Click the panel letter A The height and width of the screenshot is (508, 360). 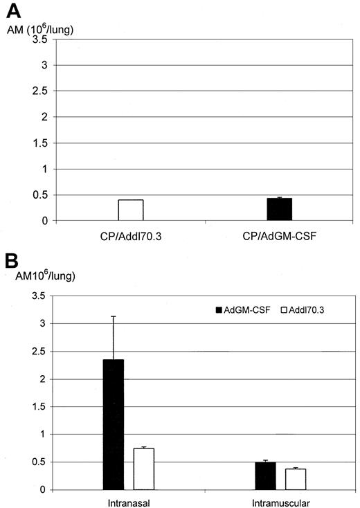coord(12,11)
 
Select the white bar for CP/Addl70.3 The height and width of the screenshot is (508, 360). coord(130,210)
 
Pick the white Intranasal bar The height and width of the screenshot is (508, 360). coord(143,469)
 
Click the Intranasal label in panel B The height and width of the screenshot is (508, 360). coord(129,500)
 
